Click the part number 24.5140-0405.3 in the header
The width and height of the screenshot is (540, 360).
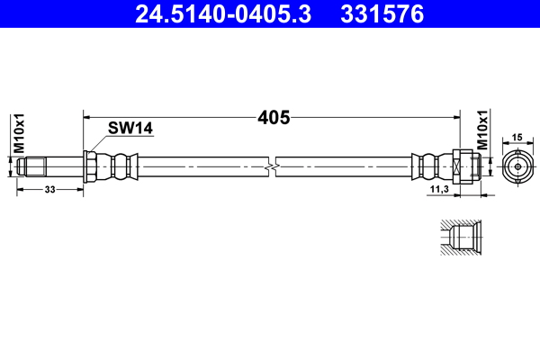[223, 13]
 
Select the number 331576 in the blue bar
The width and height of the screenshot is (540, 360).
[382, 13]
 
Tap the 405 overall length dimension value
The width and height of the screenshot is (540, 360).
[274, 118]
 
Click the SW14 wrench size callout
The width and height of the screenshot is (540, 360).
[130, 128]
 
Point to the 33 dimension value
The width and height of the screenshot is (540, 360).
[49, 190]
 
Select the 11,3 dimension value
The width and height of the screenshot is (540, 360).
[439, 189]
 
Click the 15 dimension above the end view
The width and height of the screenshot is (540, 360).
[517, 138]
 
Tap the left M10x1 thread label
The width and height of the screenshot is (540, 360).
[19, 133]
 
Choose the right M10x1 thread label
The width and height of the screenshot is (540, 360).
[482, 130]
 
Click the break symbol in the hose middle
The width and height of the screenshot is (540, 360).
[272, 167]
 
